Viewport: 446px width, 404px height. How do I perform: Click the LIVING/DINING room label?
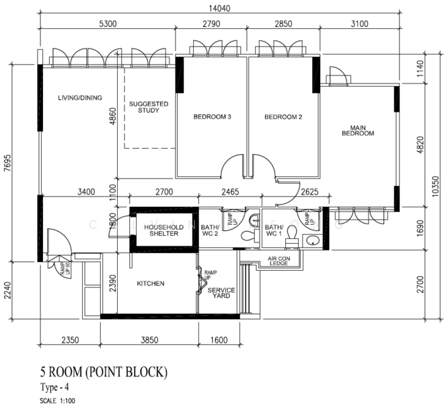coord(80,98)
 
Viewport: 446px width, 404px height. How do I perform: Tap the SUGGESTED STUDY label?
coord(149,107)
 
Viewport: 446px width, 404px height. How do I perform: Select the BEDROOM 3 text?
coord(213,116)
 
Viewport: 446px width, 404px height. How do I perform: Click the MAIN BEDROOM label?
coord(357,130)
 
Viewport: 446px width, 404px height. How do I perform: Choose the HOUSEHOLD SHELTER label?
coord(162,230)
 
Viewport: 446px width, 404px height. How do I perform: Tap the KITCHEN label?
coord(151,283)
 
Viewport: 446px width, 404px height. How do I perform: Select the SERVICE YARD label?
coord(221,294)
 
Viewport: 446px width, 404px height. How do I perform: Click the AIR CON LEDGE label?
coord(278,261)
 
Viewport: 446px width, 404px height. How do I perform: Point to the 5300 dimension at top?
coord(108,24)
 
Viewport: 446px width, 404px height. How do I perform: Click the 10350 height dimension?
coord(437,183)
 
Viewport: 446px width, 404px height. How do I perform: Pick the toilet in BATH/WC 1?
coord(291,232)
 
